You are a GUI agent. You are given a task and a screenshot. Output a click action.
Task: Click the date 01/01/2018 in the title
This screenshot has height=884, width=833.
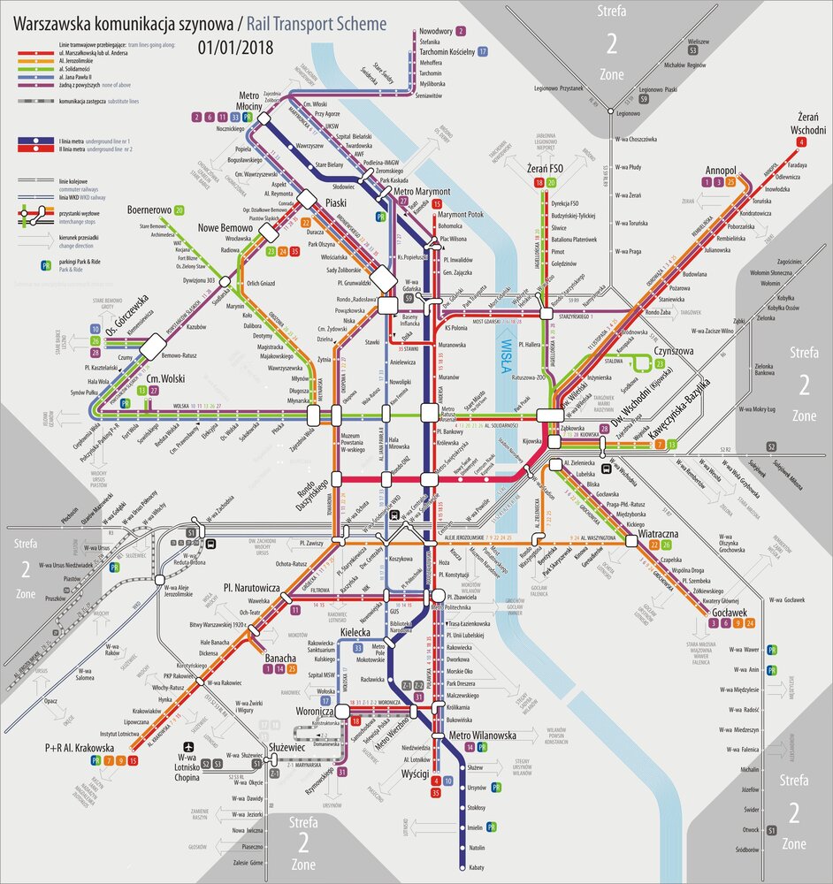tap(235, 47)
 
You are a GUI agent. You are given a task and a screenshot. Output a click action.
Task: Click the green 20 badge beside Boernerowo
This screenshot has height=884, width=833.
tap(180, 210)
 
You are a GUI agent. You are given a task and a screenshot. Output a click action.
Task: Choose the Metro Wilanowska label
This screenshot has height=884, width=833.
tap(482, 735)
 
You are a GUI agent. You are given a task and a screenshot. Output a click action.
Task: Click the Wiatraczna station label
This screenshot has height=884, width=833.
tap(657, 534)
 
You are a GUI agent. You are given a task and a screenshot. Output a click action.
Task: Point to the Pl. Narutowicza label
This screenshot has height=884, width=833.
tap(251, 587)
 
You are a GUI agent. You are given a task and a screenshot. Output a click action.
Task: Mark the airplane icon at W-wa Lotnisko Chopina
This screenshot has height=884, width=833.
tap(187, 746)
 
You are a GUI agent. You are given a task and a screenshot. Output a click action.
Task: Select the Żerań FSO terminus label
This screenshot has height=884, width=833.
tap(543, 168)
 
